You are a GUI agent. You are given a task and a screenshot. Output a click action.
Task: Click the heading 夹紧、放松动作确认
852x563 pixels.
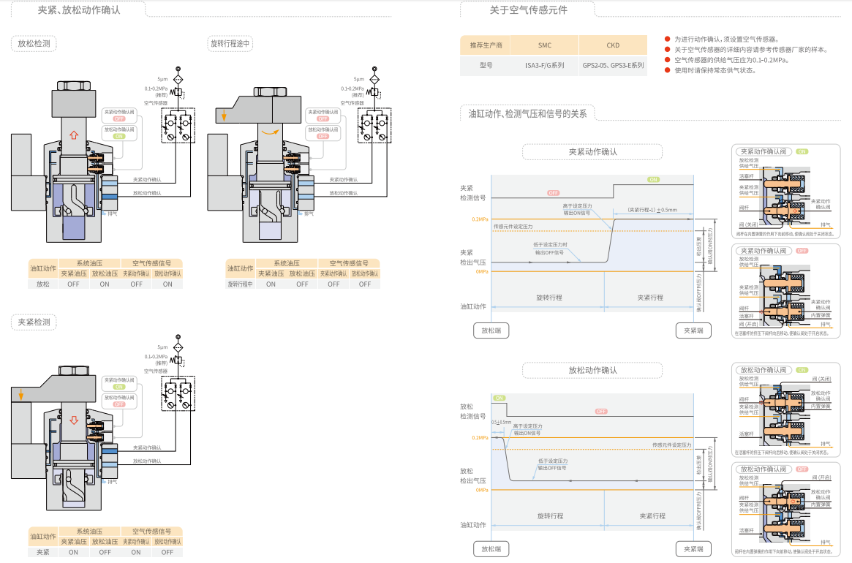coord(79,11)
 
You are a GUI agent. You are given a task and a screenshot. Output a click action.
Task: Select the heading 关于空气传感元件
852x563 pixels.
coord(528,10)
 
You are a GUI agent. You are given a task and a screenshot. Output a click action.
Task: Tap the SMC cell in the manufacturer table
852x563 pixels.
coord(545,45)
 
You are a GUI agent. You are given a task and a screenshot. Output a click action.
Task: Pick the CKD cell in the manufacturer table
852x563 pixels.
coord(613,45)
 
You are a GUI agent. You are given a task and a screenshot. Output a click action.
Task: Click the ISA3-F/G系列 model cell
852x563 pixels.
coord(545,66)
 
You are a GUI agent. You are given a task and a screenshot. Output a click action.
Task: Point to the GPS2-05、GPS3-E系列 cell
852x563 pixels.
coord(613,66)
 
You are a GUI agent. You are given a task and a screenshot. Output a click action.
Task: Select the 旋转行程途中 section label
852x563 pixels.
coord(230,44)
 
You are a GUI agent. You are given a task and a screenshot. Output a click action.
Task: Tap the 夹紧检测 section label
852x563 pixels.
coord(34,322)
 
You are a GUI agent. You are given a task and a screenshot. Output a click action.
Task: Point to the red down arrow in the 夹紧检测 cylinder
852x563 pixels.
coord(73,421)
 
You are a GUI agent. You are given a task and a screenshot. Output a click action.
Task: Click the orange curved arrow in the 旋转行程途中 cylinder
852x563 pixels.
coord(271,131)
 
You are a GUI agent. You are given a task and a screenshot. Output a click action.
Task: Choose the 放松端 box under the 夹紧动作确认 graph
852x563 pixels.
coord(491,330)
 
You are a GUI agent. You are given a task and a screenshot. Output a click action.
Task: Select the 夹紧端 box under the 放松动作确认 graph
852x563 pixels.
coord(693,549)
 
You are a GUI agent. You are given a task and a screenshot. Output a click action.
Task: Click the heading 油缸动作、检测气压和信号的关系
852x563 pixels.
coord(527,114)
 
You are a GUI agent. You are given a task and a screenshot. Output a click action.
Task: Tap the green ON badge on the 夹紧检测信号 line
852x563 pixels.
coord(653,179)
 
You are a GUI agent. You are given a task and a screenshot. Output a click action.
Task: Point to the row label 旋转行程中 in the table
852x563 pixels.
coord(240,284)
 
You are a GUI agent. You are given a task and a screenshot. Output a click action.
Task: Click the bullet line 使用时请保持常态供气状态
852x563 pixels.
coord(715,70)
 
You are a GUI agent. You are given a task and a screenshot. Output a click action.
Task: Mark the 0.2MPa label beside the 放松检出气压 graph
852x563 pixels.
coord(480,438)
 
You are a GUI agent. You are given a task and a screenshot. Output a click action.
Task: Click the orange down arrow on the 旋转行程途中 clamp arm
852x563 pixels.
coord(225,115)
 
